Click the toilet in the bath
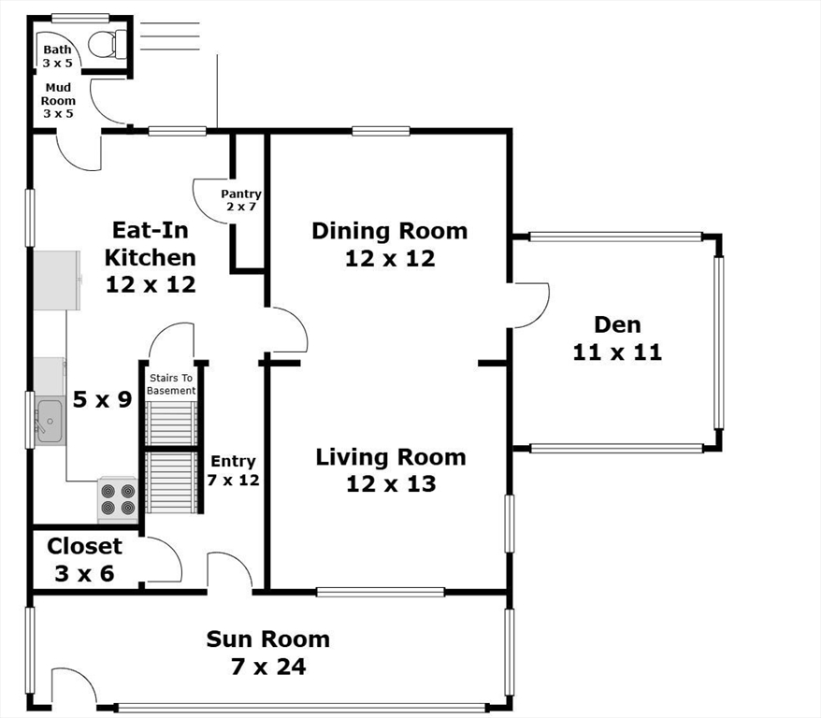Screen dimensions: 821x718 point(107,44)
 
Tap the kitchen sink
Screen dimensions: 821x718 point(50,421)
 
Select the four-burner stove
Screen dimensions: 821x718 point(118,500)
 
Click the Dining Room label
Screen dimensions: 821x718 point(390,231)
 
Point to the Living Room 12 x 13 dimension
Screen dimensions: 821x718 point(391,484)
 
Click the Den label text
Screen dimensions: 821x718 point(617,324)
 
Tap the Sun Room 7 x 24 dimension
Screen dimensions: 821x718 point(268,667)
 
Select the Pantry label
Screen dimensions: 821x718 point(241,194)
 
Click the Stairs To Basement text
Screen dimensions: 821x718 point(171,384)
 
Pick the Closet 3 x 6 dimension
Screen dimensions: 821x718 point(84,574)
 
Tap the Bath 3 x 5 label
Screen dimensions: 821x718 point(58,56)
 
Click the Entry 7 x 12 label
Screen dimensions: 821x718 point(233,470)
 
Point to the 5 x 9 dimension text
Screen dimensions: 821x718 point(102,400)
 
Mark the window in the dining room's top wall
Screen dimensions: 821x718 point(381,131)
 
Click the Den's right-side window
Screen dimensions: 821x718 point(719,343)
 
